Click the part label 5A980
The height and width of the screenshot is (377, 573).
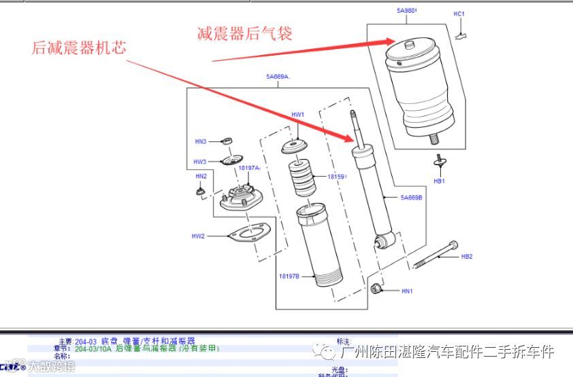click(x=406, y=11)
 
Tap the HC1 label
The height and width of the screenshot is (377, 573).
click(x=459, y=14)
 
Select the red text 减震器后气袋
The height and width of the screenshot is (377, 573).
click(x=244, y=33)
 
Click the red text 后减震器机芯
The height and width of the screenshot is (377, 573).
click(x=79, y=48)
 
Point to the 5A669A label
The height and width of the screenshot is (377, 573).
click(x=278, y=77)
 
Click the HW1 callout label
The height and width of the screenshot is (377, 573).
click(x=297, y=115)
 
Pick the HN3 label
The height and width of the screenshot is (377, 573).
click(x=200, y=141)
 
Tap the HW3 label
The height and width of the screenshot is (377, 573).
click(x=199, y=162)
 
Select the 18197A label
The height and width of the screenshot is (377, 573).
click(x=249, y=167)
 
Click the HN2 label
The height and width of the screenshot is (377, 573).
click(x=201, y=176)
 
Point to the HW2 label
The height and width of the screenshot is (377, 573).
click(x=198, y=236)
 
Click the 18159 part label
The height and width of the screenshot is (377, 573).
click(x=336, y=177)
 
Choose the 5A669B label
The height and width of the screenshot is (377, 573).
click(x=411, y=198)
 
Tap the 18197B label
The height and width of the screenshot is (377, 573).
click(x=289, y=276)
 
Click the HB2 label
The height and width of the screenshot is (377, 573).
click(x=466, y=257)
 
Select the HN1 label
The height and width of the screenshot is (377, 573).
click(x=407, y=291)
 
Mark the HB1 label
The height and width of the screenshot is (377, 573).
click(x=439, y=181)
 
